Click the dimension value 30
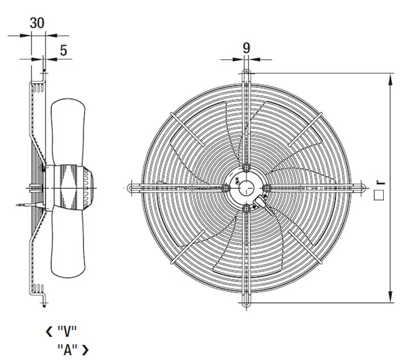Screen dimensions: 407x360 pyautogui.click(x=37, y=23)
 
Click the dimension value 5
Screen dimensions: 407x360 pyautogui.click(x=64, y=50)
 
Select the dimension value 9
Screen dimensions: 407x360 pyautogui.click(x=246, y=48)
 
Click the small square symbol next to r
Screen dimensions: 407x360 pyautogui.click(x=379, y=195)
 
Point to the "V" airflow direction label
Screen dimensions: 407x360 pyautogui.click(x=67, y=331)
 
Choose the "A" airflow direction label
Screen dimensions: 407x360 pyautogui.click(x=68, y=350)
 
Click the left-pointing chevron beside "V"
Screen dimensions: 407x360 pyautogui.click(x=49, y=332)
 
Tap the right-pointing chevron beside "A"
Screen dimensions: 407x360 pyautogui.click(x=85, y=350)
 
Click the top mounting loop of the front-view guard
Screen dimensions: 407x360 pyautogui.click(x=246, y=74)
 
